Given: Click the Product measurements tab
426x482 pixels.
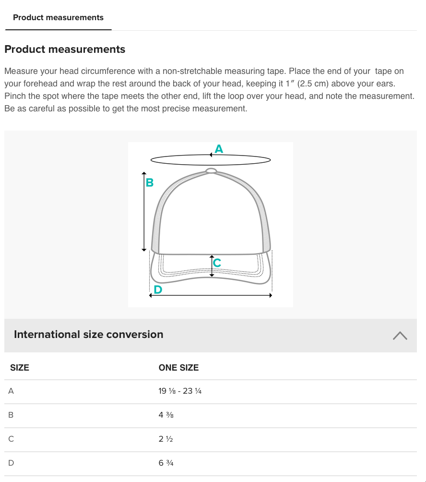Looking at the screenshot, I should tap(58, 18).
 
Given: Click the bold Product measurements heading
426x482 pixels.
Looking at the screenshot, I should tap(65, 49).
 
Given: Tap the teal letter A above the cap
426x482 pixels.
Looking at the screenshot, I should tap(219, 149).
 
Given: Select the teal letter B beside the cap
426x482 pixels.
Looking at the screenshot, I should tap(149, 183).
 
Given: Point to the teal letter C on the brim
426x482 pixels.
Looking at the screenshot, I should tap(217, 263).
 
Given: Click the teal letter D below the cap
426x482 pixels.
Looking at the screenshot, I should tap(157, 290).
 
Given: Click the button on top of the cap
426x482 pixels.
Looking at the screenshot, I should tap(211, 171).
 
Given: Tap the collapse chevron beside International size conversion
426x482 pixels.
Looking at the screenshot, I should tap(400, 336).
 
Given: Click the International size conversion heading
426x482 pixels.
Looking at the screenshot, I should tap(89, 335).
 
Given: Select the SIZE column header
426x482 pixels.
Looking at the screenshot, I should tap(20, 368).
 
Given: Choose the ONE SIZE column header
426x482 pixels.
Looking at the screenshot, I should tap(178, 368).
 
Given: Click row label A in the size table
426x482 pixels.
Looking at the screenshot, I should tap(11, 391).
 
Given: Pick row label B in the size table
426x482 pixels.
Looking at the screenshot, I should tap(11, 415).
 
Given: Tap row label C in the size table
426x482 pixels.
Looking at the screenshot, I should tap(11, 439).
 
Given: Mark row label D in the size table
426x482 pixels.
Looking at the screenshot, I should tap(11, 463).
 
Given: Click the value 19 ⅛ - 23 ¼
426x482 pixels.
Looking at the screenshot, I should tap(180, 391).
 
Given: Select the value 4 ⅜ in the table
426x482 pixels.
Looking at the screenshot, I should tap(166, 415).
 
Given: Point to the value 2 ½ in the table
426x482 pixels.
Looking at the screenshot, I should tap(166, 439).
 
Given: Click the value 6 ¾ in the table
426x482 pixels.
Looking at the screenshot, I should tap(166, 463).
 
